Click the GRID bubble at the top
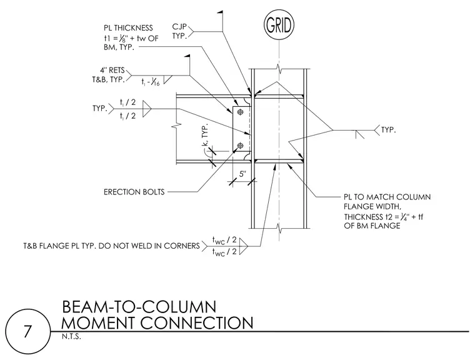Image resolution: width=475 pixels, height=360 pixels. point(279,25)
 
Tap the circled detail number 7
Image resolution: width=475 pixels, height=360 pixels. point(27,331)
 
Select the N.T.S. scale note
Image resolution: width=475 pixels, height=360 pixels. point(71,337)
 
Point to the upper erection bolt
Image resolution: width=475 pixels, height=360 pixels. point(241,112)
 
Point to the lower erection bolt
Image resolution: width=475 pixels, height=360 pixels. point(241,146)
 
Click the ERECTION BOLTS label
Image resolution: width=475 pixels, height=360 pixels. point(134,192)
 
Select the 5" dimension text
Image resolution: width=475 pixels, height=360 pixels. point(243,174)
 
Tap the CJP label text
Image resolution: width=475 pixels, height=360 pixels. point(179,27)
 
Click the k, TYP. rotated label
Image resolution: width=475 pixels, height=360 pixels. point(205,135)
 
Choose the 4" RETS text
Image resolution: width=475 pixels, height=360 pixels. point(112,70)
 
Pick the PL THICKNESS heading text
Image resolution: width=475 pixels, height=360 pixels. point(129,28)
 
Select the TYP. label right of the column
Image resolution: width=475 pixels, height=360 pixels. point(388,130)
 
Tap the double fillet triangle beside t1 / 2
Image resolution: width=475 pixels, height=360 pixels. point(147,109)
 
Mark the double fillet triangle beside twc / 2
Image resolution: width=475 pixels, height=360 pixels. point(243,246)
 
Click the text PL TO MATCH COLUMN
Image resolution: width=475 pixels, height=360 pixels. point(387,197)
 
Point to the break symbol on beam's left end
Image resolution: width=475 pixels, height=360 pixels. point(176,126)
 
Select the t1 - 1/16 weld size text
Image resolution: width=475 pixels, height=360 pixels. point(151,81)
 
